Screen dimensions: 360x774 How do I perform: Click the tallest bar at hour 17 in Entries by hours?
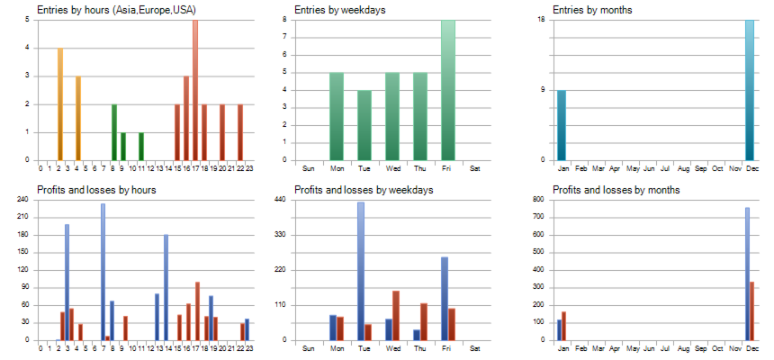(195, 90)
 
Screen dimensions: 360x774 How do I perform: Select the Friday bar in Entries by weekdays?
(448, 90)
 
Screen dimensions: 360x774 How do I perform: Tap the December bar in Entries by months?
(750, 90)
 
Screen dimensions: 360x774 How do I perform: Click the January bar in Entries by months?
(562, 125)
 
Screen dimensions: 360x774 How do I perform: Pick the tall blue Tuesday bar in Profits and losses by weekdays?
(361, 271)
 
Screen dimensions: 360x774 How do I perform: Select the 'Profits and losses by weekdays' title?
(364, 190)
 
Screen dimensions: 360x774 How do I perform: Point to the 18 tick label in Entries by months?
(541, 19)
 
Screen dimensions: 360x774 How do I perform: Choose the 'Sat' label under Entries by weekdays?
(476, 168)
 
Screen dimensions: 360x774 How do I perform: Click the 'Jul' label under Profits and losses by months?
(664, 348)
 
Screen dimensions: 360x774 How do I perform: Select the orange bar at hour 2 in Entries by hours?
(60, 104)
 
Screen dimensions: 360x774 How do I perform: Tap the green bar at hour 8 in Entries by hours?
(114, 132)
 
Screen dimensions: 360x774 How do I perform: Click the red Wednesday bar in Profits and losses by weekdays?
(396, 316)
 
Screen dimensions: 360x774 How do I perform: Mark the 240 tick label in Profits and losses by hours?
(22, 200)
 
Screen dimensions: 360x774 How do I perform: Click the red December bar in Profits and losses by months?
(753, 310)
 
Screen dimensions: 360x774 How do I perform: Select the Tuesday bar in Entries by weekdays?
(364, 125)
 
